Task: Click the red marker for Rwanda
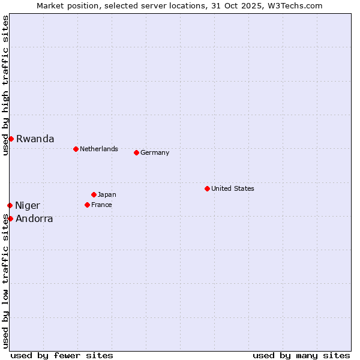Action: (11, 139)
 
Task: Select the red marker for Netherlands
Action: (76, 149)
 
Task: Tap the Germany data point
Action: (136, 152)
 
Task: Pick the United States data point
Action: (207, 188)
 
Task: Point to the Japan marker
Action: (94, 194)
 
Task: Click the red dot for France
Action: (87, 205)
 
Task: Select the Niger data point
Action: (10, 205)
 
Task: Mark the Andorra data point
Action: (10, 218)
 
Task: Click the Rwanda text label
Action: (35, 139)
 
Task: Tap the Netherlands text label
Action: (98, 149)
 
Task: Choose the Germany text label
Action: (155, 152)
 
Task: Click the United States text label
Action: (232, 188)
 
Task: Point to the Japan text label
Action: (107, 194)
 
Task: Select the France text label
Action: (101, 205)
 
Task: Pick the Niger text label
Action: (28, 206)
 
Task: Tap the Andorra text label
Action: (34, 218)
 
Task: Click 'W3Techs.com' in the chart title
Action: (298, 5)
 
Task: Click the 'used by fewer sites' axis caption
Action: (62, 355)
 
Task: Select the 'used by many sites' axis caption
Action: (301, 355)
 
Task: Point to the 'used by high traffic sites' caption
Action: (5, 85)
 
